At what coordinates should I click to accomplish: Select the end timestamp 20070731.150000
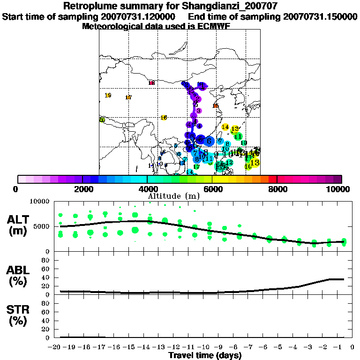320,17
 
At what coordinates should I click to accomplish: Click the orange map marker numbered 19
108,96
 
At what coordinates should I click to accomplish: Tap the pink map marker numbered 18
151,83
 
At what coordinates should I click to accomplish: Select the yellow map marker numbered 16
164,118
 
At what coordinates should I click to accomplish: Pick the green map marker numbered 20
102,120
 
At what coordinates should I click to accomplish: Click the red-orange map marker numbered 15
216,106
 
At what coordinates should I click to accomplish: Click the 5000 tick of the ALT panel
42,226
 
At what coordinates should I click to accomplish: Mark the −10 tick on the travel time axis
204,347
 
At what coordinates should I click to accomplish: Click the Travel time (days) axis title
204,355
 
